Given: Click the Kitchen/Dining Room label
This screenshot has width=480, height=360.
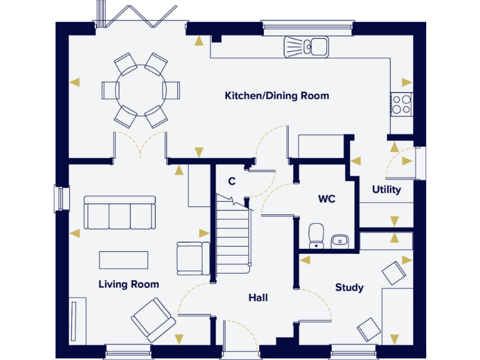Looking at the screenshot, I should coord(276,96).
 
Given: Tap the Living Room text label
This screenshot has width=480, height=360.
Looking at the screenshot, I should coord(129,284).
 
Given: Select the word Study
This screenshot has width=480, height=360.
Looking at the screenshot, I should coord(349,287).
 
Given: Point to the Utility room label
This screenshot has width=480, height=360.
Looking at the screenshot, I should coord(386,189).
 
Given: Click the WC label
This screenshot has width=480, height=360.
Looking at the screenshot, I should coord(326,199).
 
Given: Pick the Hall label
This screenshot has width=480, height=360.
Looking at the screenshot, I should coord(257,297).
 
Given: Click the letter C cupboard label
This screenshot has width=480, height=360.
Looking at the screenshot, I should coord(231,182).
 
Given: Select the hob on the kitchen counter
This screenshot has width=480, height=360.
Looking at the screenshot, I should coord(401,104).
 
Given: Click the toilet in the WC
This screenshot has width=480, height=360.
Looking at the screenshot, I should coord(316,236).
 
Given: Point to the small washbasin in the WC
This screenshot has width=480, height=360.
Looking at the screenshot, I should coord(340,240).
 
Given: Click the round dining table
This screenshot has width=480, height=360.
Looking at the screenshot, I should coord(141,90).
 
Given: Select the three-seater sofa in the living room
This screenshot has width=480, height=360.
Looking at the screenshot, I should coord(119,213).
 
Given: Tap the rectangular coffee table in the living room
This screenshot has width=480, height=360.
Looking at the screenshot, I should coord(124,260).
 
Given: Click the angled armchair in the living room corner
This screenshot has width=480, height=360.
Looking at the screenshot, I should coord(154,319).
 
